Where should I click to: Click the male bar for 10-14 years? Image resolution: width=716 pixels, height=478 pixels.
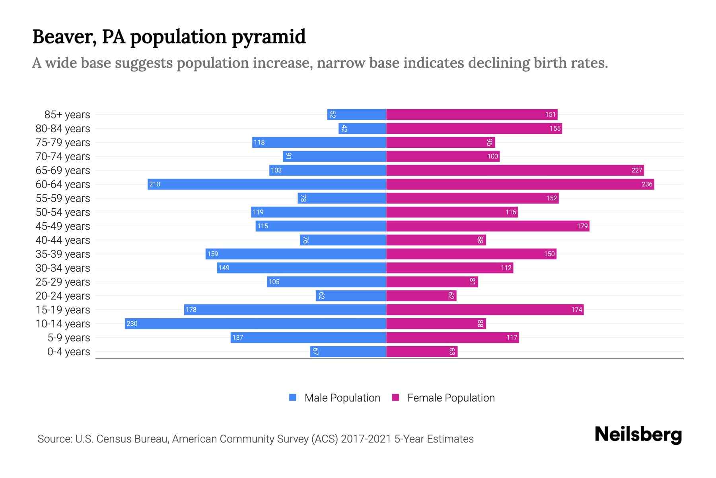255,323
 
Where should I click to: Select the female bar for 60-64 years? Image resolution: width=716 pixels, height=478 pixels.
520,184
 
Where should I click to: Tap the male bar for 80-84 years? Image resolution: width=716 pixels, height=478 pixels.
362,128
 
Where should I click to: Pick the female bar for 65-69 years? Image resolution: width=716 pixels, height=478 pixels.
515,170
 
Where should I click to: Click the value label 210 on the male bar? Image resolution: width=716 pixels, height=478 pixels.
155,184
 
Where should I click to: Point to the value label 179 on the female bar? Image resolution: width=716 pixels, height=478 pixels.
582,226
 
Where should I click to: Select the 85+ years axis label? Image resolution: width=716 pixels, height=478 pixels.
67,115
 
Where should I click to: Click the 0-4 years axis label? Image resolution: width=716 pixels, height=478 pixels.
68,352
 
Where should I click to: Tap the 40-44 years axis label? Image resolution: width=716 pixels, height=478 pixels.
63,240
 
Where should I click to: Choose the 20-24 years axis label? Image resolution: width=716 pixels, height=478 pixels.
63,296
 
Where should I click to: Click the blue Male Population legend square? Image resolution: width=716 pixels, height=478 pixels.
293,398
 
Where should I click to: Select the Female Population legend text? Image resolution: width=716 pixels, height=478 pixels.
451,398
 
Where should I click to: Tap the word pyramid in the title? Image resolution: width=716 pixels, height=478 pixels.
268,37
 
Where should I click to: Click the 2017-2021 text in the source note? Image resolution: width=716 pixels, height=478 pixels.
366,439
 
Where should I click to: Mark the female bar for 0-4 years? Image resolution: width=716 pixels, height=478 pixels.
422,352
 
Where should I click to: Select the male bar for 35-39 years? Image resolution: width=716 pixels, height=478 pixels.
296,254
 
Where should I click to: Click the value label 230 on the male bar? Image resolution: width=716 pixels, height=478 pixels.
132,323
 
